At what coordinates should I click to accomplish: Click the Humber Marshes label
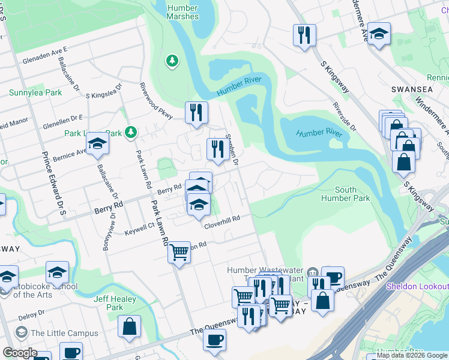182,12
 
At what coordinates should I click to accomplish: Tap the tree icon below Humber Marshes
172,61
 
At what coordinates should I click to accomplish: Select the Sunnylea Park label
35,93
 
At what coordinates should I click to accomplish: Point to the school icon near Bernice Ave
97,145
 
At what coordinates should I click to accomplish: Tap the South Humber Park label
345,194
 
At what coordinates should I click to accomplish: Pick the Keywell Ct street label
140,229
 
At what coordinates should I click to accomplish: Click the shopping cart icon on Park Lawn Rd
179,253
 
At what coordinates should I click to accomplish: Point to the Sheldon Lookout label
417,286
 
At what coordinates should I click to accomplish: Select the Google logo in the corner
20,353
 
